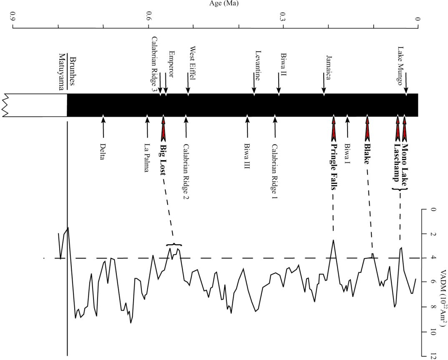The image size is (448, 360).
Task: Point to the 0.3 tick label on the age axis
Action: coord(283,18)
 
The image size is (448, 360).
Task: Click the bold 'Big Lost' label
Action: coord(163,156)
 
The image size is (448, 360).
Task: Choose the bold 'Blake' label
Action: coord(368,153)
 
